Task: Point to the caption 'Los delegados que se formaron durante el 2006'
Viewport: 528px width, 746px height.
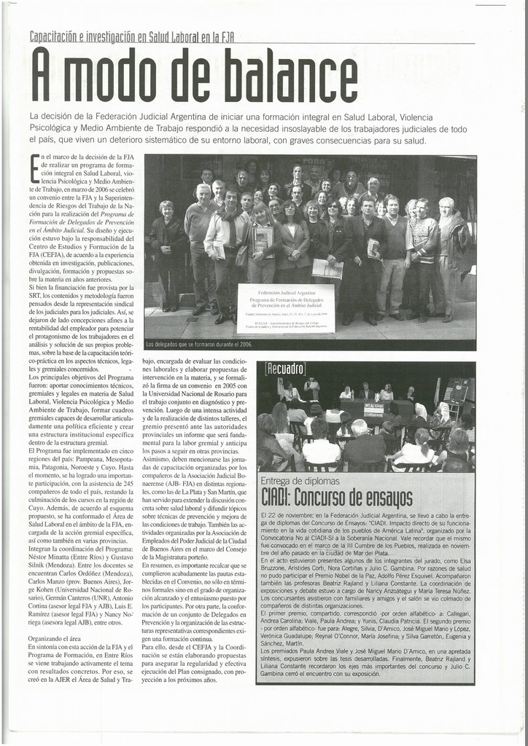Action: (x=199, y=344)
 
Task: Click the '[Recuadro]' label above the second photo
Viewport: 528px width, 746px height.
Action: (x=285, y=369)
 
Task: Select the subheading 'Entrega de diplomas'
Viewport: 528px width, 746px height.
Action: (x=300, y=482)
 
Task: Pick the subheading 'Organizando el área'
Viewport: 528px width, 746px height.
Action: (x=55, y=638)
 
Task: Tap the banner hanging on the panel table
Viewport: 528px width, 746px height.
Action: (x=373, y=409)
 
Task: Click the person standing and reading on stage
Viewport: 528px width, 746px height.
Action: (x=311, y=389)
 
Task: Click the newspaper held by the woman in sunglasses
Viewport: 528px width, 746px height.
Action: (x=327, y=268)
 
